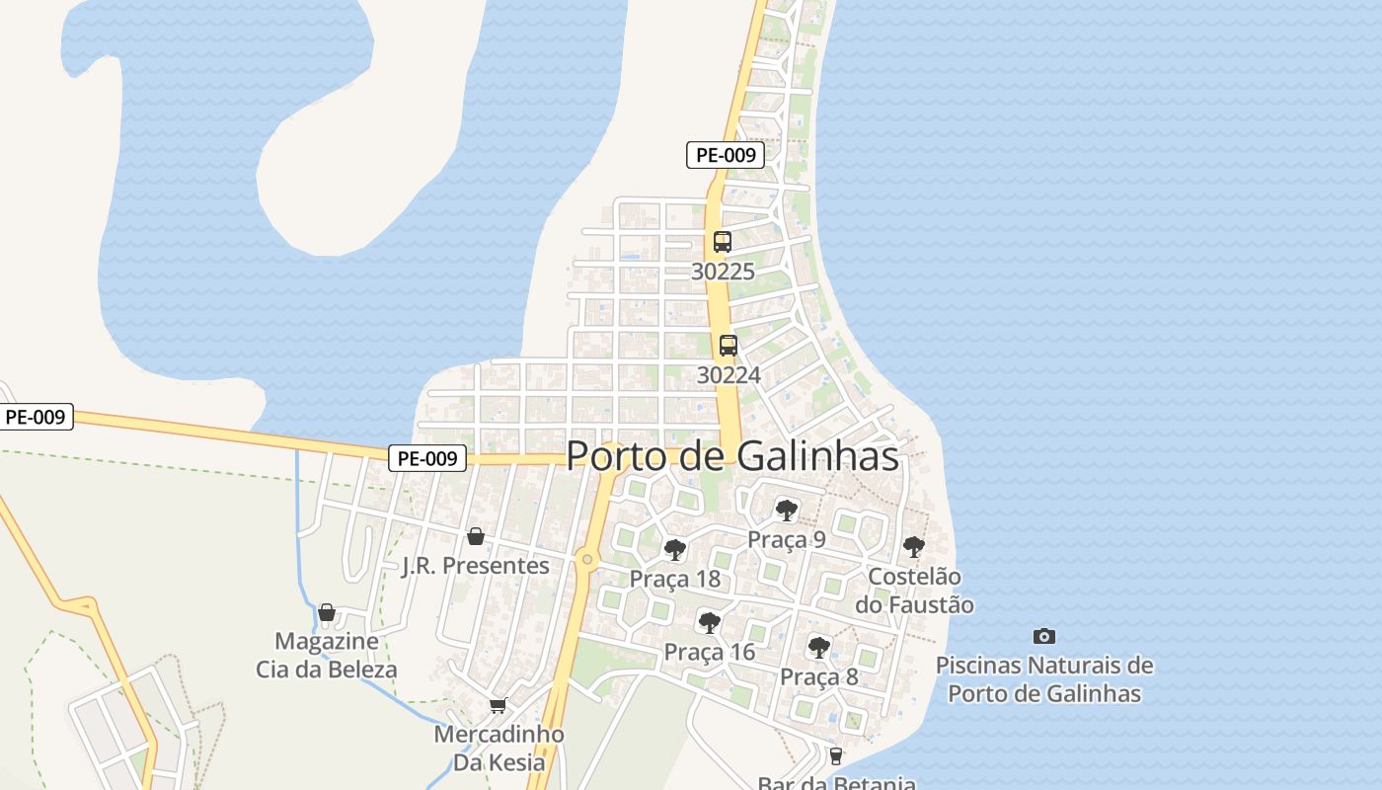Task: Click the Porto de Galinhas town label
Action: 732,456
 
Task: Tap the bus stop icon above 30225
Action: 723,241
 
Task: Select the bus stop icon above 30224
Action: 729,346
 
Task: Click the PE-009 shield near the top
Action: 726,155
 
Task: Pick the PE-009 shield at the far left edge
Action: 36,417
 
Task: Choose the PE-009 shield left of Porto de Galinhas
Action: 426,458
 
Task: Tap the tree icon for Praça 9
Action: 787,511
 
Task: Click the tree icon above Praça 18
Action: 675,550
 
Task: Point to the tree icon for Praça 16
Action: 709,622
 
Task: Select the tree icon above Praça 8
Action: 818,648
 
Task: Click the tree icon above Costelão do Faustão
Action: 914,546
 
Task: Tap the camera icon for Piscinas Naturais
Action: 1043,636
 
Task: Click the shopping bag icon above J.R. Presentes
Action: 476,536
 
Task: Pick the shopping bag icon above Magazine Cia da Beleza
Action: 327,612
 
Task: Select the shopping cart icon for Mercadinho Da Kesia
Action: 499,705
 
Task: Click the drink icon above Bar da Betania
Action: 836,756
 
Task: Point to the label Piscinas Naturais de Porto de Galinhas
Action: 1044,679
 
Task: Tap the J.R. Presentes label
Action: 476,566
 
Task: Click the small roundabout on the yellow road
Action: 587,560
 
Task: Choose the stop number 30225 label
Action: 723,271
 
